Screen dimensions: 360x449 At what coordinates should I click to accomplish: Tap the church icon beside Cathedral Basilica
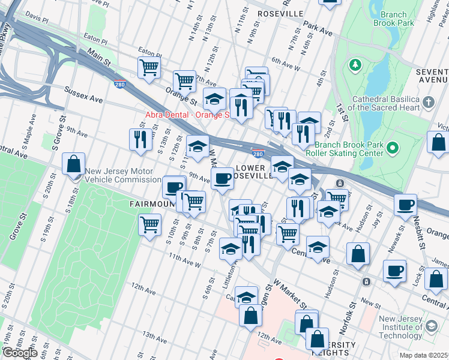(x=428, y=102)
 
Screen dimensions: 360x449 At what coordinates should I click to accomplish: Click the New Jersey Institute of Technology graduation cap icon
(x=431, y=326)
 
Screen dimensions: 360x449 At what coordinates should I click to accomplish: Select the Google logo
(x=19, y=353)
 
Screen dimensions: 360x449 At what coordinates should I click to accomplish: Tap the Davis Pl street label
(x=37, y=19)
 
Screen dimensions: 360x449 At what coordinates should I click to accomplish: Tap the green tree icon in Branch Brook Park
(x=355, y=64)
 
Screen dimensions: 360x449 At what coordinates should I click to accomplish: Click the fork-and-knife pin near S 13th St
(x=140, y=139)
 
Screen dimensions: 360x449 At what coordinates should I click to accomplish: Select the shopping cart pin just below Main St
(x=149, y=67)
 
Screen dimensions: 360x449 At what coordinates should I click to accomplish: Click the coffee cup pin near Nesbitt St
(x=405, y=205)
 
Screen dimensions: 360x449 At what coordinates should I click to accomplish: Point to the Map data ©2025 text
(x=424, y=355)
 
